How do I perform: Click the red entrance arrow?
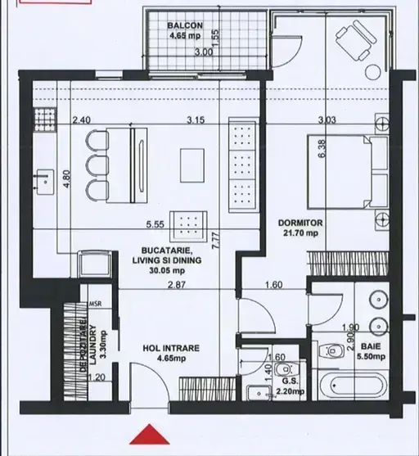(150, 435)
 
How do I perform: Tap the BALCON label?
(185, 25)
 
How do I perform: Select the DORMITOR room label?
(300, 223)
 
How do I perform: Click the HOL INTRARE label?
(171, 348)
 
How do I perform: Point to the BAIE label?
(371, 346)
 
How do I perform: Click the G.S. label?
(290, 382)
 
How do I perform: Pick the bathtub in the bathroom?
(354, 386)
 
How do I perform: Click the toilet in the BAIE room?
(331, 351)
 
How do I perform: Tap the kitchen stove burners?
(45, 120)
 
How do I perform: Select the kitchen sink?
(44, 182)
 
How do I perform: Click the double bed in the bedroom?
(348, 171)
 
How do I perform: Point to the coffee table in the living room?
(192, 165)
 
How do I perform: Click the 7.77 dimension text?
(216, 240)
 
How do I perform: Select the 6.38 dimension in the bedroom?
(322, 149)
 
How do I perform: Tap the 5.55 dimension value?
(155, 224)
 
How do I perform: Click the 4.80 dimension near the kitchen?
(66, 179)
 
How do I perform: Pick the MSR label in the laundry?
(95, 304)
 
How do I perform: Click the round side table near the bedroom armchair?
(373, 72)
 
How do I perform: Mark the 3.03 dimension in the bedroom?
(327, 120)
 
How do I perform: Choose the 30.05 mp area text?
(167, 270)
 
